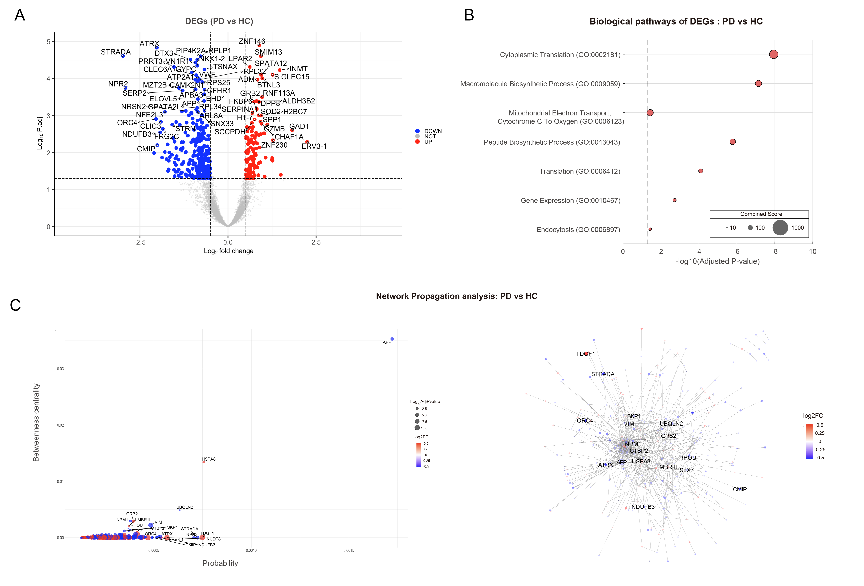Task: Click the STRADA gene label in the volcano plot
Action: (116, 52)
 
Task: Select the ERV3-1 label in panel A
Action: (314, 146)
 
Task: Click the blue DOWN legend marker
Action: (417, 131)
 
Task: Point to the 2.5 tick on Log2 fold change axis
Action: (316, 242)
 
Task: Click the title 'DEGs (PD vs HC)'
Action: (219, 21)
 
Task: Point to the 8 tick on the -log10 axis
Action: (775, 252)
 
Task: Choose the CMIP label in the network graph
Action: (739, 489)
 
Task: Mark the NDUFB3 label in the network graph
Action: (643, 507)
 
